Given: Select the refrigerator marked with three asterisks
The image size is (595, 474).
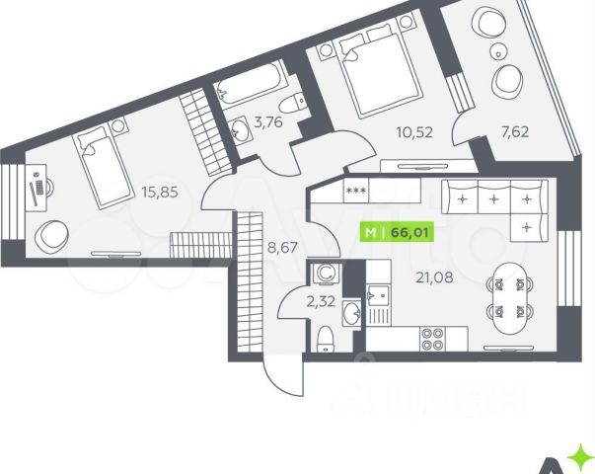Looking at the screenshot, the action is [355, 191].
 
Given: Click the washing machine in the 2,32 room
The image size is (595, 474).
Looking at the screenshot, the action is [325, 275].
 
